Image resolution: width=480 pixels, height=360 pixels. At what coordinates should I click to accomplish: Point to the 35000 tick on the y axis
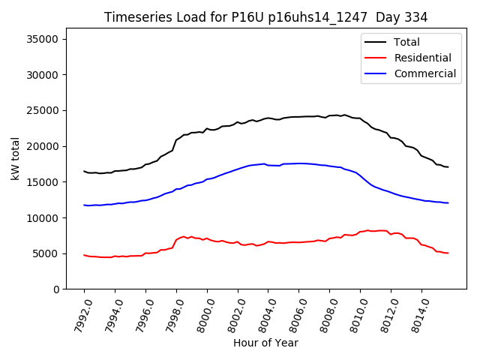coord(47,39)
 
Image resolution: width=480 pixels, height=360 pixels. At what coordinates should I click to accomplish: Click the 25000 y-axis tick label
coord(47,111)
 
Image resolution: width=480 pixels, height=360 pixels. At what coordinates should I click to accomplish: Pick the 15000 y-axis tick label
coord(47,182)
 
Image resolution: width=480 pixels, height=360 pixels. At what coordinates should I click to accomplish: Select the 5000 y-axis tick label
coord(50,253)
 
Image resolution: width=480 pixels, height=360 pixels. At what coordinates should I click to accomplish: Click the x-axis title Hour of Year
coord(265,343)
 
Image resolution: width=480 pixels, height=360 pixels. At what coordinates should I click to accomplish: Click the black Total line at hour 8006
coord(299,116)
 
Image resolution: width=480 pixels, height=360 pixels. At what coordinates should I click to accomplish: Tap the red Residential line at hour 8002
coord(238,241)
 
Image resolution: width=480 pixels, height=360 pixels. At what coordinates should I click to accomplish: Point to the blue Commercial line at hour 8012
coord(391,192)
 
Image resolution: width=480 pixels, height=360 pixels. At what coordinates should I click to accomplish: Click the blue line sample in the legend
coord(376,73)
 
